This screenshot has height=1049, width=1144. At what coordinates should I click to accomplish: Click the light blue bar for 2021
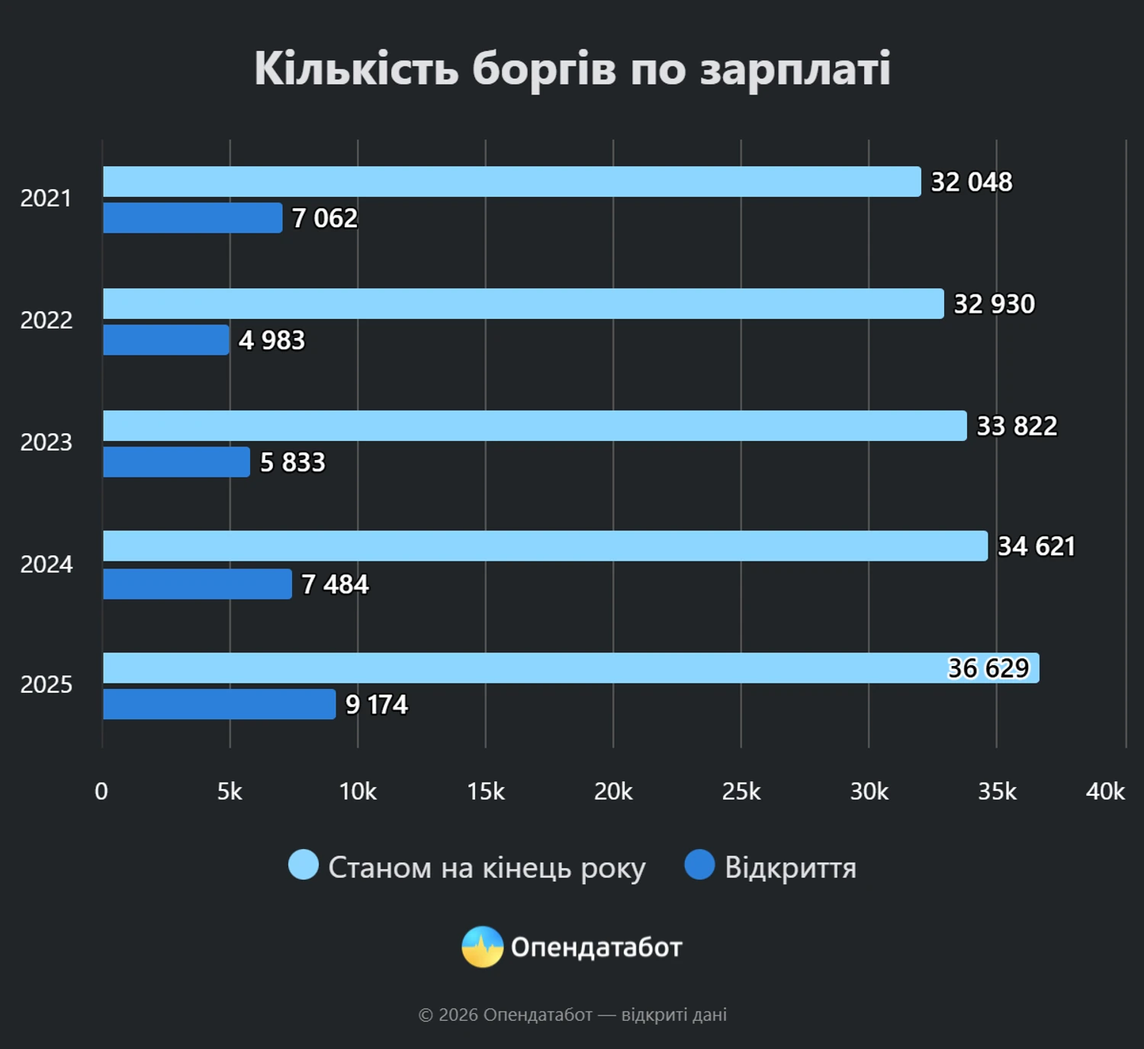(511, 182)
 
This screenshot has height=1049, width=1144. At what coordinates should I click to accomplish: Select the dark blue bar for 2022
(165, 340)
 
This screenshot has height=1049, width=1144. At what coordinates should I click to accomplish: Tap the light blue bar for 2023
(534, 426)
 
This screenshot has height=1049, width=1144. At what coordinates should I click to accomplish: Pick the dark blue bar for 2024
(197, 584)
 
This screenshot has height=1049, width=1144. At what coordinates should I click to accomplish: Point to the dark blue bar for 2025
(219, 704)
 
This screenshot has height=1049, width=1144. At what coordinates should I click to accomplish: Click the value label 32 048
(972, 182)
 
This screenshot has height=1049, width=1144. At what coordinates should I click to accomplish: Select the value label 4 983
(272, 340)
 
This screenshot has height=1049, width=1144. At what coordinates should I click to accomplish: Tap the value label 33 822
(1017, 426)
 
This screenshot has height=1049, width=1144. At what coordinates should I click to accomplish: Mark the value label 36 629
(988, 668)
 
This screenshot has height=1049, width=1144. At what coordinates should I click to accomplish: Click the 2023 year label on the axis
(47, 442)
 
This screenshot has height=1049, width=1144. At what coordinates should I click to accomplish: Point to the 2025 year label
(47, 685)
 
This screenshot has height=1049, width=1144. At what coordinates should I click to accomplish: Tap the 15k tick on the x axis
(486, 792)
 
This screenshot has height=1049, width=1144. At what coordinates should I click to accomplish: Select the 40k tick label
(1105, 792)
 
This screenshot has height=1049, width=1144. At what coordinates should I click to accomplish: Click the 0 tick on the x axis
(101, 792)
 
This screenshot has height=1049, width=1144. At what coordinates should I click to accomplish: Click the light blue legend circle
(304, 865)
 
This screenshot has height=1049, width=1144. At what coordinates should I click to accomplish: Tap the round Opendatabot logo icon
(482, 947)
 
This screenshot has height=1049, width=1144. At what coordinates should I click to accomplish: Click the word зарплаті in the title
(795, 69)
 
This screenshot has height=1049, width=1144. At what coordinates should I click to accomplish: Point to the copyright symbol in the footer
(426, 1015)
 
